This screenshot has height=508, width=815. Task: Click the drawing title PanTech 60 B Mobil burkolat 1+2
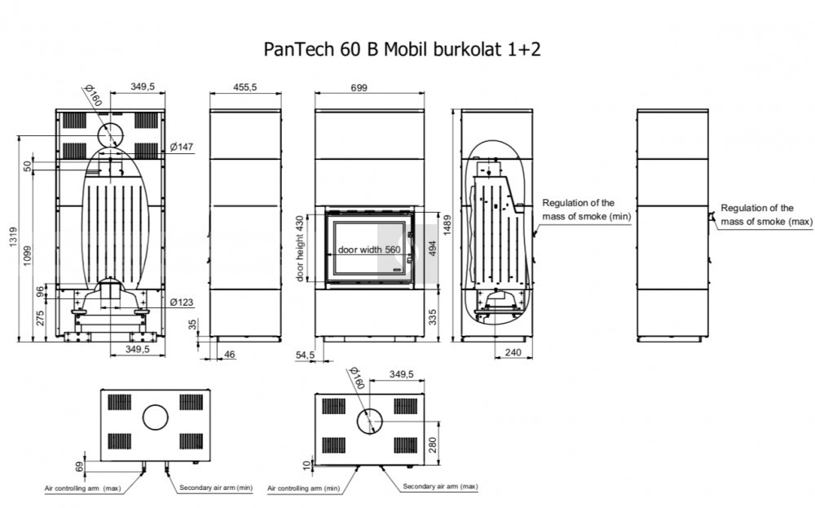402,49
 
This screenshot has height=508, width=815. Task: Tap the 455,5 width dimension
245,87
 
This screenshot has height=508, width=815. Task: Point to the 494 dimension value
431,249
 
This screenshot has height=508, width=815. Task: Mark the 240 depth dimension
513,351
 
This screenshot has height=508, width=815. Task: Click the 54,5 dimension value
305,355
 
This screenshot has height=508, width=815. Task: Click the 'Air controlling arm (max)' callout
82,488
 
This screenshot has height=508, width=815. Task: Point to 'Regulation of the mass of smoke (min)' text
587,210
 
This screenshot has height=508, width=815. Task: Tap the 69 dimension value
79,466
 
